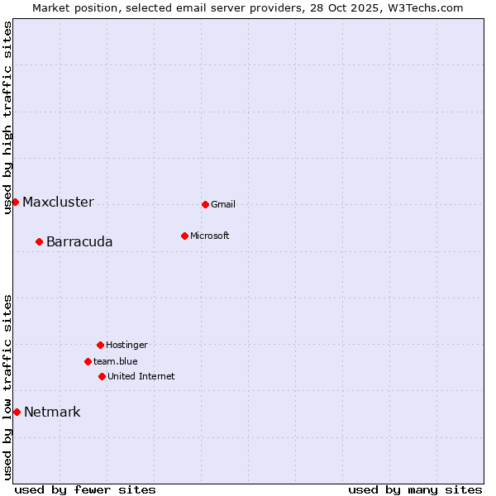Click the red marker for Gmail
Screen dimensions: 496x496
pos(205,204)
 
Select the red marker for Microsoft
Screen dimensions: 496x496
pos(184,236)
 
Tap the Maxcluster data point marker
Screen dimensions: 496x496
pos(15,202)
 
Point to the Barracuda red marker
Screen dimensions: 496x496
pos(39,241)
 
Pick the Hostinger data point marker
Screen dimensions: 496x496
pos(100,345)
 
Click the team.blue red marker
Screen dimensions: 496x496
pos(88,361)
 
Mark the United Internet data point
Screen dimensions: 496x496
pos(102,376)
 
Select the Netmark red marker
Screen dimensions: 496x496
pos(17,412)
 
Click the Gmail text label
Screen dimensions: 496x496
pos(223,205)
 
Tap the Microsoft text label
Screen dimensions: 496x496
pos(210,236)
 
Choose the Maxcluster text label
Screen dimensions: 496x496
pos(58,203)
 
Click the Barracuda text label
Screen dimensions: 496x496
pos(79,242)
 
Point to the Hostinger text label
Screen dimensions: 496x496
pos(126,346)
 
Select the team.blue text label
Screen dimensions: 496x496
pos(116,362)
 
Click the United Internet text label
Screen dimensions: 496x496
pos(141,377)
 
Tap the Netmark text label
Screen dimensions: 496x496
pos(52,413)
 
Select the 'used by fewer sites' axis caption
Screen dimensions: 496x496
pos(85,490)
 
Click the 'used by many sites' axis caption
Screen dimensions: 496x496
pos(415,490)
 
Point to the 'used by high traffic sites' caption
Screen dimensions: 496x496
pos(8,117)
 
